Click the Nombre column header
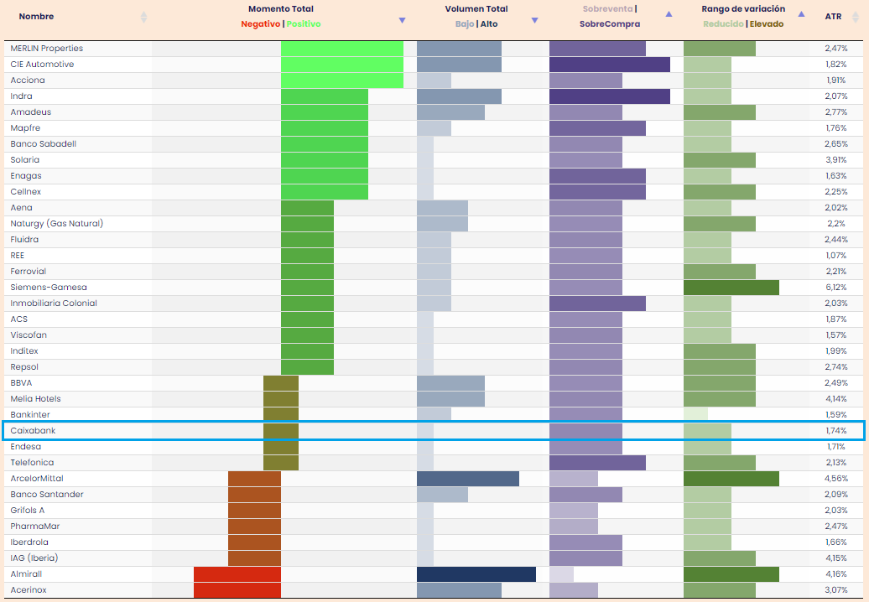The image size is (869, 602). click(36, 16)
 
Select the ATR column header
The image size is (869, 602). click(833, 16)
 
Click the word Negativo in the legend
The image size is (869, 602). click(260, 24)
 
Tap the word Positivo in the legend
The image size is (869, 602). click(304, 24)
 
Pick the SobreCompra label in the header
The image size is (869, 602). click(609, 24)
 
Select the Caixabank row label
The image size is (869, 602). click(33, 431)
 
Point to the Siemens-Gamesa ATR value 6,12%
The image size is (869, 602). click(835, 288)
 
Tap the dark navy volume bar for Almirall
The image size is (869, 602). click(476, 574)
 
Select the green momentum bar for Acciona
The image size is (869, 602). click(342, 80)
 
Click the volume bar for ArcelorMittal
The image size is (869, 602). click(468, 479)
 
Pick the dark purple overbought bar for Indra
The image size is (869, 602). click(610, 96)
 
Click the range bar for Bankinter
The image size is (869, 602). click(695, 415)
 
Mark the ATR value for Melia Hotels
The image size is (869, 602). click(835, 399)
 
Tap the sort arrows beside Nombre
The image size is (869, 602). click(143, 17)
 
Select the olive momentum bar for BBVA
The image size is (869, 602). click(281, 383)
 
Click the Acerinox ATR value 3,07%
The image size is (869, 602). click(835, 590)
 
